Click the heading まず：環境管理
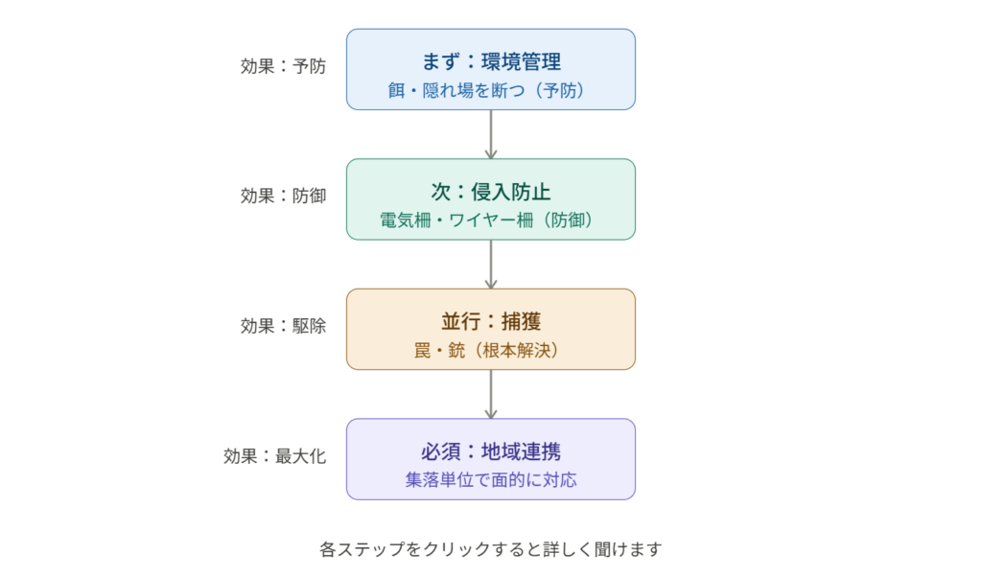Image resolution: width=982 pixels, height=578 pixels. pos(491,61)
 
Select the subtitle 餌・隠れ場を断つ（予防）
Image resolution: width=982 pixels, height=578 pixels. pos(486,90)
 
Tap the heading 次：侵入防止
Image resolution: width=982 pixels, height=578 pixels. pos(491,192)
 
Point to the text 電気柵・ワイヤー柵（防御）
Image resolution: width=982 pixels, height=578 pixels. pos(486,220)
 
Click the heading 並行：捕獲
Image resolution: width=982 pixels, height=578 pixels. pos(491,321)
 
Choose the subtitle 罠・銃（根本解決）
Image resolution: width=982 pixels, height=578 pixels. pos(486,350)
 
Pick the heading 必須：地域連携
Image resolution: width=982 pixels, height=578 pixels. pos(491,451)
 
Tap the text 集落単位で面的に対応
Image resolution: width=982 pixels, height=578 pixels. pos(491,479)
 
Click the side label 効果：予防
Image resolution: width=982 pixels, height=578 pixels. pos(283,66)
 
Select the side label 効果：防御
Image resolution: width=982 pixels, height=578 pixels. pos(283,196)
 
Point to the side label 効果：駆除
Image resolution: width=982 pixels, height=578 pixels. pos(283,326)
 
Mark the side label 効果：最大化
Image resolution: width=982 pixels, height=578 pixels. pos(274,456)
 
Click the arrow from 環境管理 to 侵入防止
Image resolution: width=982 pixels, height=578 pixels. pos(491,134)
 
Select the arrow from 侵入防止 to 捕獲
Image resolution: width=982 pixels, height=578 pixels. pos(491,265)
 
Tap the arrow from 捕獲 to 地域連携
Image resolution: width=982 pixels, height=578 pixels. pos(491,395)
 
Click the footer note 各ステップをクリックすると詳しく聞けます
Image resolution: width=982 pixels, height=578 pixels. pos(491,549)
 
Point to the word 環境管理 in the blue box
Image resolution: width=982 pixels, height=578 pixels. pos(521,61)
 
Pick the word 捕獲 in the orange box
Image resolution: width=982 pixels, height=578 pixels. pos(521,321)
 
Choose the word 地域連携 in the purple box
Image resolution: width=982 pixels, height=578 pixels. pos(521,451)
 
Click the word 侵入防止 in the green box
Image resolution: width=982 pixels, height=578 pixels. pos(511,192)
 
